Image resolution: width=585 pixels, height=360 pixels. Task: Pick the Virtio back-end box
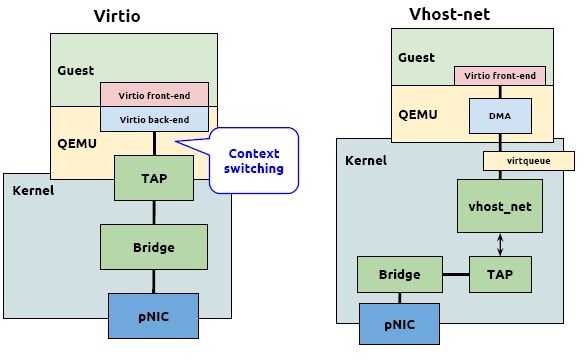coord(153,119)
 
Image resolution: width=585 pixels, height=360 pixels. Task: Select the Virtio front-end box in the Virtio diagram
coord(153,95)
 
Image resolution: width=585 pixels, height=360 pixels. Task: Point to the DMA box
coord(499,115)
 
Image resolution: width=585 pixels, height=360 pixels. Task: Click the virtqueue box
coord(529,160)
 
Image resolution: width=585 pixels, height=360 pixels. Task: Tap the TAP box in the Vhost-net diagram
coord(499,272)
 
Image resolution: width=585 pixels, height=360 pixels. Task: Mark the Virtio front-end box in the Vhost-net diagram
coord(499,76)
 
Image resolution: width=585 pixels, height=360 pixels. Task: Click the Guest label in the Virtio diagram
coord(76,71)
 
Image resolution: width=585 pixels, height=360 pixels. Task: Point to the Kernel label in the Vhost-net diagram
coord(366,160)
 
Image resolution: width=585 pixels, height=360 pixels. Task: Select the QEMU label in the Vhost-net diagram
coord(418,114)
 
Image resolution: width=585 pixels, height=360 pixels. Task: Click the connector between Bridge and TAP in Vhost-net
coord(455,273)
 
